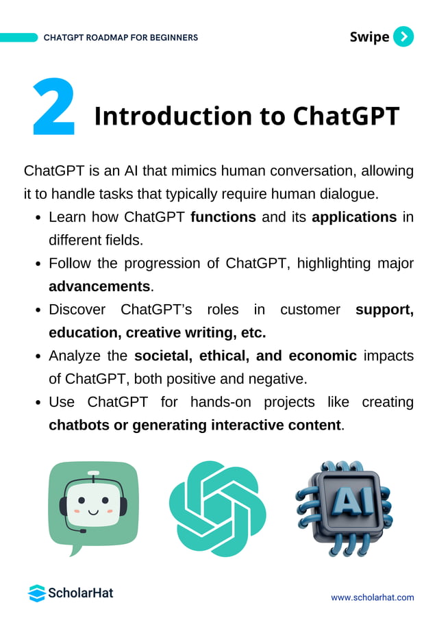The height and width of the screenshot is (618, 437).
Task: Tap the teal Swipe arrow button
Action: point(404,36)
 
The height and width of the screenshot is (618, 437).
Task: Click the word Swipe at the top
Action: point(369,37)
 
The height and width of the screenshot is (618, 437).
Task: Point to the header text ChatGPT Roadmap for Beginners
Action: point(121,38)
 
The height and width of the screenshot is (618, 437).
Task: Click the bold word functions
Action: point(223,217)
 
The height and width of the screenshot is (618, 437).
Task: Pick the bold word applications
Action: point(354,217)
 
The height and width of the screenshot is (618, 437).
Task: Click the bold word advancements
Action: point(99,286)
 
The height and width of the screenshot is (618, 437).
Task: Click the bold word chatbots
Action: point(78,425)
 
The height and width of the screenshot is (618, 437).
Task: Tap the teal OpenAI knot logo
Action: point(218,508)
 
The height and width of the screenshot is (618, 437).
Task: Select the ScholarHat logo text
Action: point(80,593)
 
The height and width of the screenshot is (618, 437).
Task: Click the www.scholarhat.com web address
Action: point(372,597)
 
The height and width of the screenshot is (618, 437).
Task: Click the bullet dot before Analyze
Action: point(40,356)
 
